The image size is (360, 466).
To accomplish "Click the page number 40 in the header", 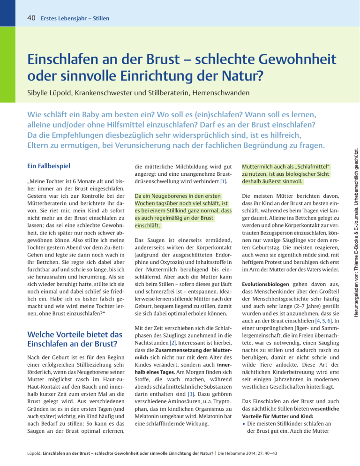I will point(32,19).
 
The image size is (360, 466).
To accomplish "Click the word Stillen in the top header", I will point(100,19).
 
